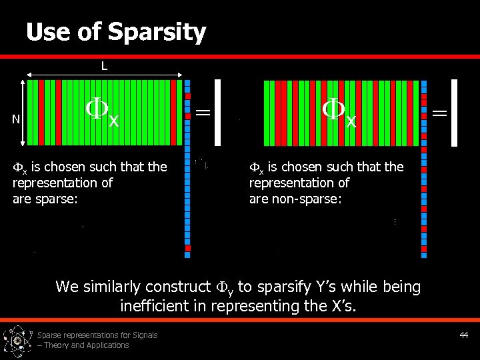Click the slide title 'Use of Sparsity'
tap(116, 31)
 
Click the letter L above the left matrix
tap(105, 65)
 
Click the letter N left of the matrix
tap(16, 119)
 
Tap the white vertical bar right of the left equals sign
tap(217, 112)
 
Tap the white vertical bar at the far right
tap(455, 112)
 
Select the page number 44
tap(464, 335)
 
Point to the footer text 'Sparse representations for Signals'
tap(97, 335)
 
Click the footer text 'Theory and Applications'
tap(87, 345)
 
